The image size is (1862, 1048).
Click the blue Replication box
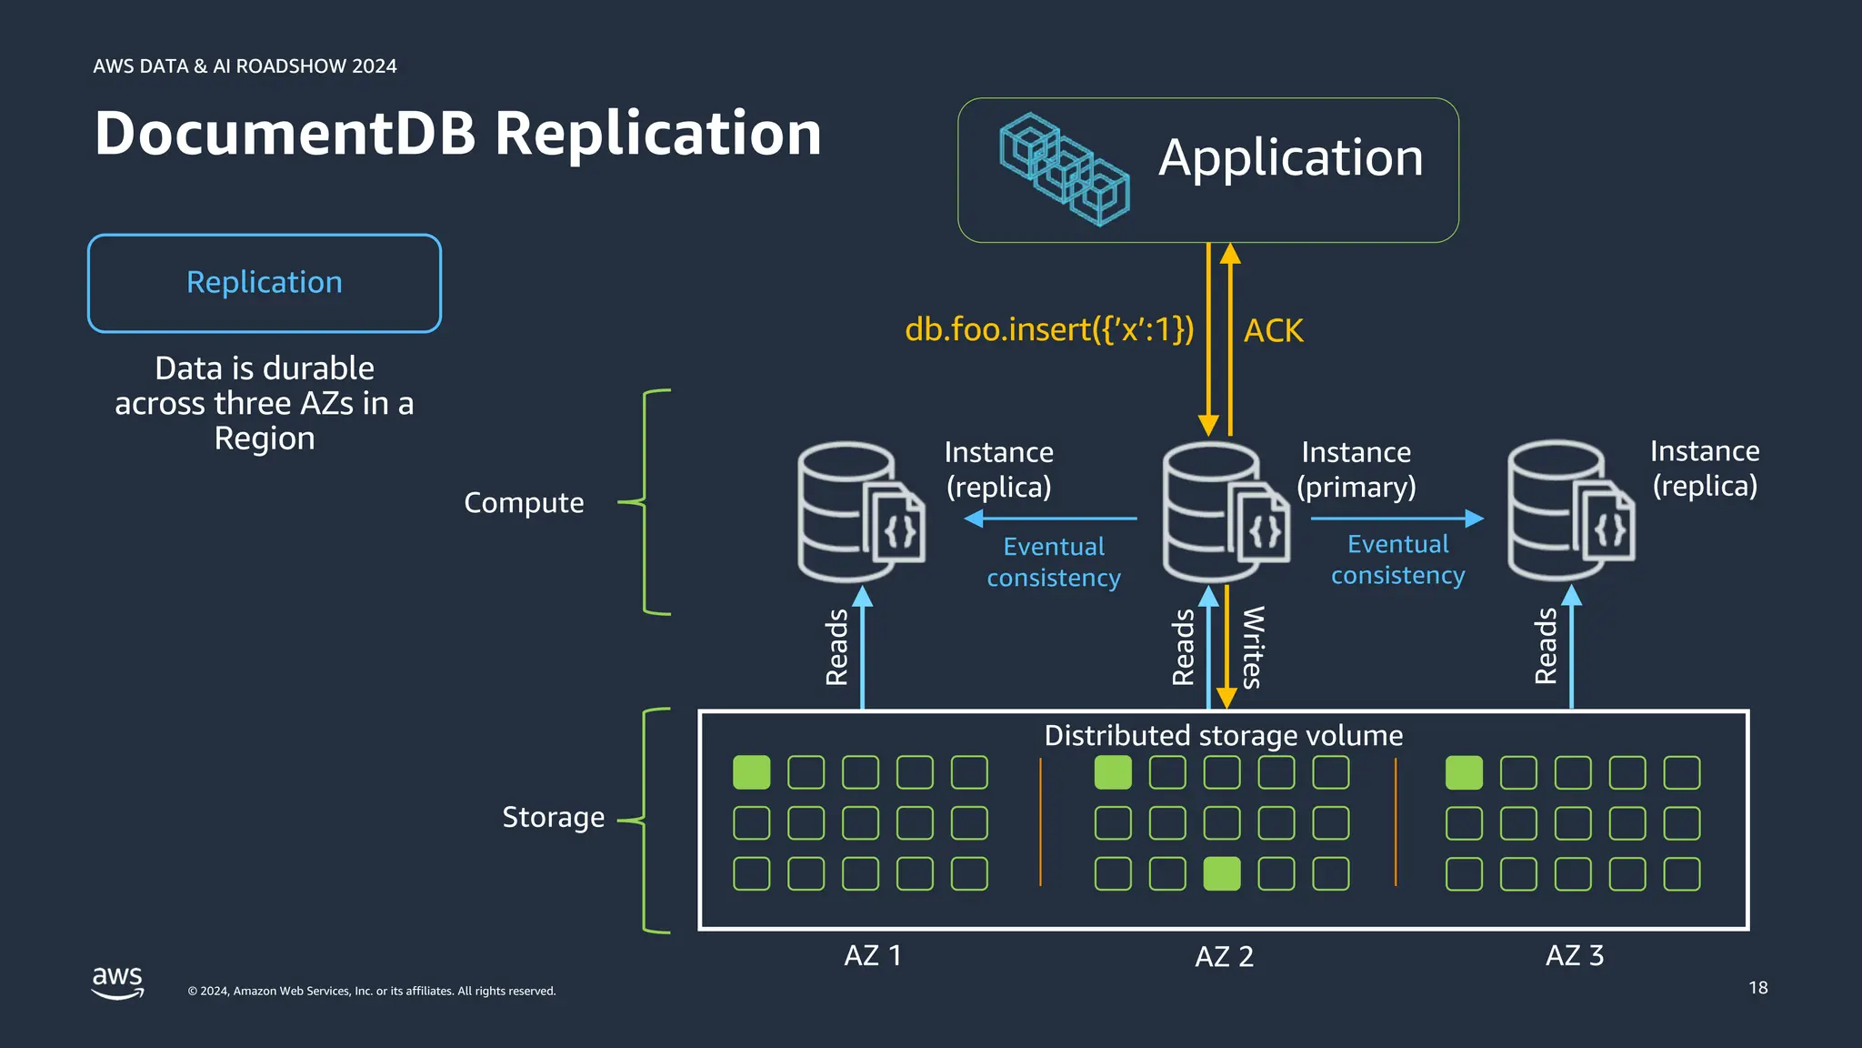[264, 283]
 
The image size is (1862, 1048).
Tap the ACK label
[1273, 330]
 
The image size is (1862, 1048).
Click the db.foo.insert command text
[1048, 329]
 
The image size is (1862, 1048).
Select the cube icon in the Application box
[1064, 169]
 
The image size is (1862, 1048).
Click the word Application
[1290, 158]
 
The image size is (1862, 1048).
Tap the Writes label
[1252, 647]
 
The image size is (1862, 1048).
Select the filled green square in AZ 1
[751, 772]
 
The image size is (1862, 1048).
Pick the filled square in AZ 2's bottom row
[1221, 873]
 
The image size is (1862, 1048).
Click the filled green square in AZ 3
[1463, 772]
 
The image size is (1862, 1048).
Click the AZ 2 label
[1223, 956]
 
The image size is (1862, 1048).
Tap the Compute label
[524, 503]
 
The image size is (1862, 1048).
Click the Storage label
[553, 817]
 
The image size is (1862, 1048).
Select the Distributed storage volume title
[1223, 735]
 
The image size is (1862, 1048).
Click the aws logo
[117, 982]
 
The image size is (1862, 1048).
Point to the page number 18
[1757, 988]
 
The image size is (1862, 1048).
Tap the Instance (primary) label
[1356, 469]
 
